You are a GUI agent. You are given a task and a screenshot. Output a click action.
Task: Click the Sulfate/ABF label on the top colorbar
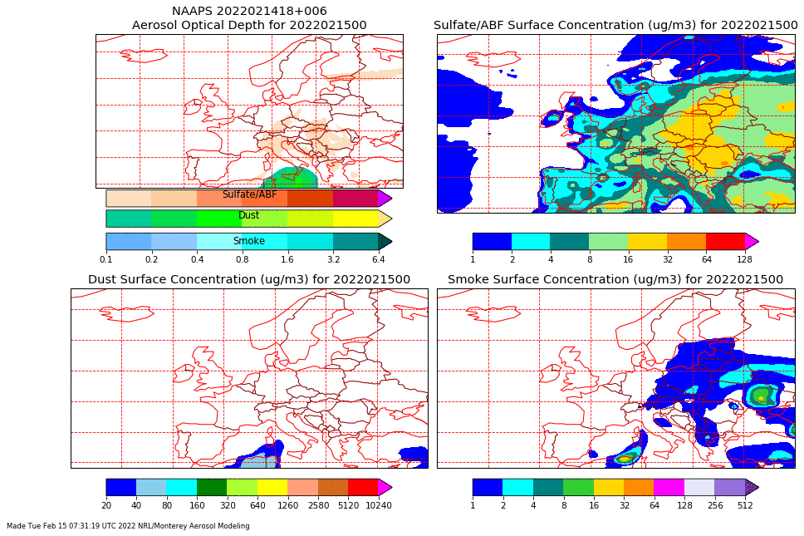pos(249,194)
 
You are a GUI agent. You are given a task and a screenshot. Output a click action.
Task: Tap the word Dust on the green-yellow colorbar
pos(248,215)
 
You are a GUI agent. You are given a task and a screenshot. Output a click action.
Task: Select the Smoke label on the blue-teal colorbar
pos(248,241)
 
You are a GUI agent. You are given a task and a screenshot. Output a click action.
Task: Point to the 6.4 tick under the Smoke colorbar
pos(378,259)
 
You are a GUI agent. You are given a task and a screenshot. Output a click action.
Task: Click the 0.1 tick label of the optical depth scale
pos(106,259)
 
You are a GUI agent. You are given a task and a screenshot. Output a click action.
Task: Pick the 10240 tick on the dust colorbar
pos(378,505)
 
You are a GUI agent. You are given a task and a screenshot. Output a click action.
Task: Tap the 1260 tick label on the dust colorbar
pos(287,505)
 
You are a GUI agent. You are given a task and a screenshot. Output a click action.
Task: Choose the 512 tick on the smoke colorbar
pos(745,505)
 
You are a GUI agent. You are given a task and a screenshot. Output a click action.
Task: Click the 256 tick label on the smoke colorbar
pos(714,505)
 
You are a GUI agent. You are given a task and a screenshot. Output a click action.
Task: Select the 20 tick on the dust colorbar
pos(106,505)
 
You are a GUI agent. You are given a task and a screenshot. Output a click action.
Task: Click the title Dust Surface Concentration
pos(249,279)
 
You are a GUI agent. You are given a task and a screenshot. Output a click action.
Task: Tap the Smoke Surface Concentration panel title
pos(615,279)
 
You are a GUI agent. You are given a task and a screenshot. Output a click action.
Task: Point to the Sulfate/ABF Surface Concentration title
pos(615,25)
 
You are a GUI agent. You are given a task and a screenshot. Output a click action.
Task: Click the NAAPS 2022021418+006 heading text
pos(249,11)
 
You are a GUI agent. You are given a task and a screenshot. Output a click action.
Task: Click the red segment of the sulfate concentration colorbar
pos(725,241)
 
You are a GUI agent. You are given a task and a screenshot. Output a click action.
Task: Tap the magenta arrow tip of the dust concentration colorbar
pos(385,487)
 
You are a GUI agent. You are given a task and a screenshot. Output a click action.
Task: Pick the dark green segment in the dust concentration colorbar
pos(212,487)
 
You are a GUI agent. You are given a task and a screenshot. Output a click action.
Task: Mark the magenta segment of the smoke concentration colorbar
pos(669,487)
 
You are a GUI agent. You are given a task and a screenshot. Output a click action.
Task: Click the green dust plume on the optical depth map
pos(292,178)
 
